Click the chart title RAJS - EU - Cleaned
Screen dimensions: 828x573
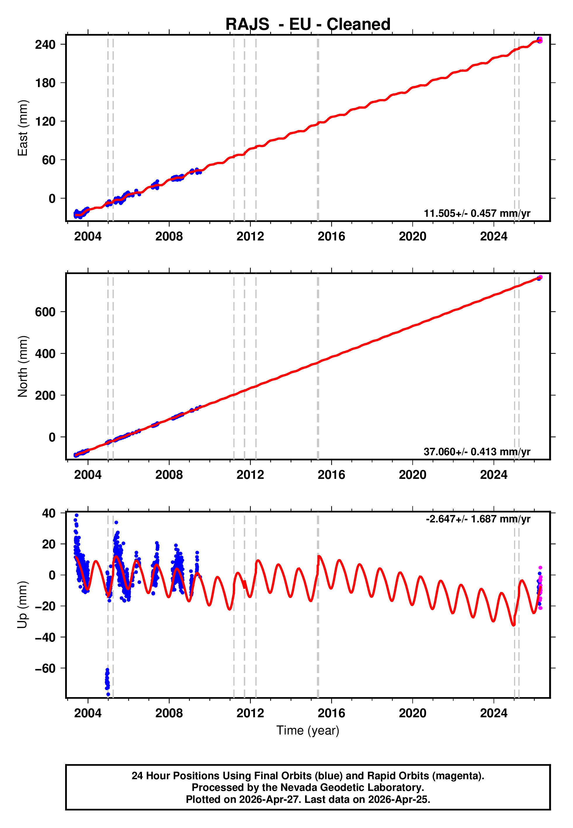click(x=308, y=25)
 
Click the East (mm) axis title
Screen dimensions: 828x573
click(x=23, y=128)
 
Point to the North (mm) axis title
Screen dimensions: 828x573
click(x=23, y=366)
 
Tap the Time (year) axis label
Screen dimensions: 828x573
click(x=308, y=730)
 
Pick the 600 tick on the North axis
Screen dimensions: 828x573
click(x=45, y=312)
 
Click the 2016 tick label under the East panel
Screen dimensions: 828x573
click(x=331, y=236)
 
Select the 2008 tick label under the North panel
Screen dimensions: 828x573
click(x=169, y=475)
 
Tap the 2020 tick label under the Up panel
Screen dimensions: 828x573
click(x=412, y=713)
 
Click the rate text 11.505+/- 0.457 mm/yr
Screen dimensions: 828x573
click(x=477, y=213)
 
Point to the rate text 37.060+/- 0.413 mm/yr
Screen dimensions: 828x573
click(x=477, y=452)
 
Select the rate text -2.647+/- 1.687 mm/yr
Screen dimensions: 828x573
click(x=478, y=519)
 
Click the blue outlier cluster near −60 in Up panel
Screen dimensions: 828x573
click(x=107, y=680)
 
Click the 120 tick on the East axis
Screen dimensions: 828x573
click(x=45, y=121)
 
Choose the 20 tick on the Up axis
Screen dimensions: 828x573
click(x=49, y=544)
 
